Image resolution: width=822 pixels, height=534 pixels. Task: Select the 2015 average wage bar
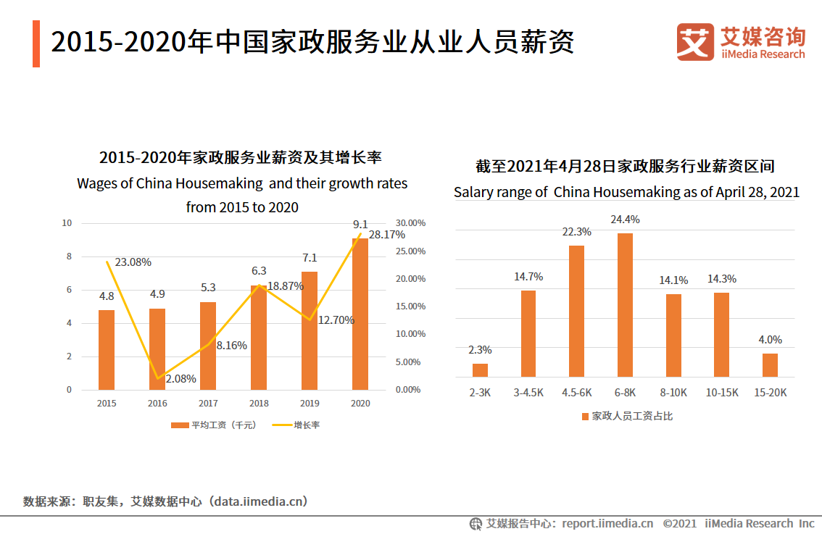pos(107,350)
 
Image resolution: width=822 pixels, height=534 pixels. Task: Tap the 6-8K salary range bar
pos(625,305)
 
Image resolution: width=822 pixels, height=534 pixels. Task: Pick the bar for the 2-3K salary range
pos(481,370)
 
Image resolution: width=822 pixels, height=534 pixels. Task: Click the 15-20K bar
pos(770,365)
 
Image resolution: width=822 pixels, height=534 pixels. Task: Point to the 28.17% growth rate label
pos(386,235)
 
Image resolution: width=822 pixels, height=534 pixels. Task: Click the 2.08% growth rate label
pos(180,378)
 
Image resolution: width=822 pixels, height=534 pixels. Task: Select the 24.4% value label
pos(626,220)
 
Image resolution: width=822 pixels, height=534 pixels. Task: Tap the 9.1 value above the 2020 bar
pos(360,224)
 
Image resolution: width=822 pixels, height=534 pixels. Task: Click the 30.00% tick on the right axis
pos(410,223)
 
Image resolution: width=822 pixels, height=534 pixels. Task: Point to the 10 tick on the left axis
pos(67,223)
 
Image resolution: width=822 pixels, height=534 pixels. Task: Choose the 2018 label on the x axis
pos(259,404)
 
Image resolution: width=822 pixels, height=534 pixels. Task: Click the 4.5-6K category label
pos(577,392)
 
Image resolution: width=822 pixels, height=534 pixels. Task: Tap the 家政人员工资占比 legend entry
pos(627,416)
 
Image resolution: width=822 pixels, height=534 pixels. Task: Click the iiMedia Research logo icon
pos(694,41)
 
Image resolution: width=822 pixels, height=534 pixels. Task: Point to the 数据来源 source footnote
pos(165,501)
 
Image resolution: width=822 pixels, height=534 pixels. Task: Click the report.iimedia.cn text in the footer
pos(607,523)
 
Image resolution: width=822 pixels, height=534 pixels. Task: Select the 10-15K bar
pos(721,335)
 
